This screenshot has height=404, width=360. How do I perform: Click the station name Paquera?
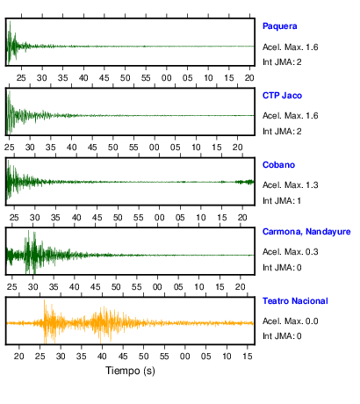pos(279,26)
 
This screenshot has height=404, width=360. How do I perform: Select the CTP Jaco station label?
pos(282,96)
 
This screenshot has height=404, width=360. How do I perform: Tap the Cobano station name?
pos(278,165)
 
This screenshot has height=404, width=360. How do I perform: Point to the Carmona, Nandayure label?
pos(306,232)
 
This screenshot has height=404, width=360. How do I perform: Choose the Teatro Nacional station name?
pos(295,301)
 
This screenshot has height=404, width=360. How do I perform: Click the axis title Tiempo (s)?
pos(130,371)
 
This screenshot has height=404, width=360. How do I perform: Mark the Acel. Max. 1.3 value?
pos(290,185)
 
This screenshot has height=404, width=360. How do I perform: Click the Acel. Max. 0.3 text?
pos(290,252)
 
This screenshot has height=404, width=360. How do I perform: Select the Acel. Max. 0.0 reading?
pos(290,321)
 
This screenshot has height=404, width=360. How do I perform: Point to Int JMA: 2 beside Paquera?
pos(282,62)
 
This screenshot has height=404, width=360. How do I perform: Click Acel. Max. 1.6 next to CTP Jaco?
pos(290,116)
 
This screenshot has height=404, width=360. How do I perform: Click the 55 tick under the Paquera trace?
pos(146,78)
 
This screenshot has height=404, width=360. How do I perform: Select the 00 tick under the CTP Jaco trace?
pos(155,148)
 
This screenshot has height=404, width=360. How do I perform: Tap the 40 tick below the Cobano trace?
pos(76,218)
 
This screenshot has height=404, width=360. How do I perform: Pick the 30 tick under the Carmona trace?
pos(32,287)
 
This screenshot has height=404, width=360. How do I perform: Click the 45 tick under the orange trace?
pos(123,357)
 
